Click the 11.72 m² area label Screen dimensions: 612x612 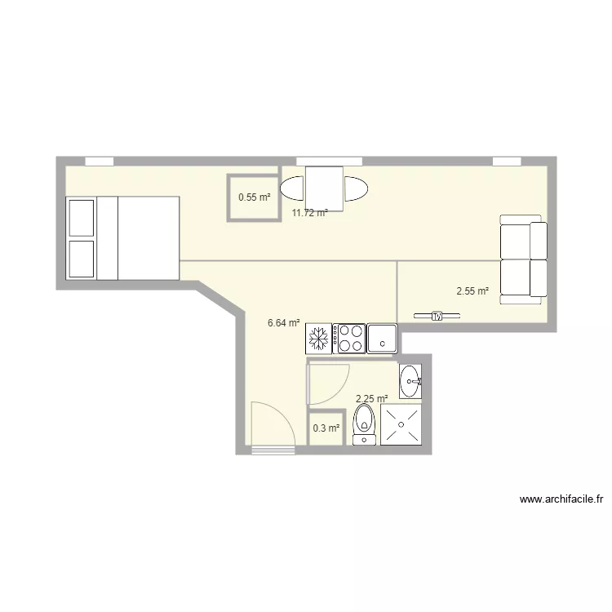310,213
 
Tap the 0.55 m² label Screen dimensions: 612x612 254,197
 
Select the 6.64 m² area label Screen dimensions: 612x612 283,323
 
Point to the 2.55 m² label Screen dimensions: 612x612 472,290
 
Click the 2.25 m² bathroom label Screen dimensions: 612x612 371,398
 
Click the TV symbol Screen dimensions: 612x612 437,316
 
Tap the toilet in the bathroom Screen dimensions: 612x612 364,426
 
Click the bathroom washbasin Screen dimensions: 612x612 410,380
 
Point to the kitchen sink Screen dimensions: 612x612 382,338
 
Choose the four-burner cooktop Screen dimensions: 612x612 349,338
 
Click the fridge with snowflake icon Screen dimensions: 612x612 318,338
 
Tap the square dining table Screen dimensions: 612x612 324,187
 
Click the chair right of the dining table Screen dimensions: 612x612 356,188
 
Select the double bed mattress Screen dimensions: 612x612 148,237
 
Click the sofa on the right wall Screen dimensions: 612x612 523,258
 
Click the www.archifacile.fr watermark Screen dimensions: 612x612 565,499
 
